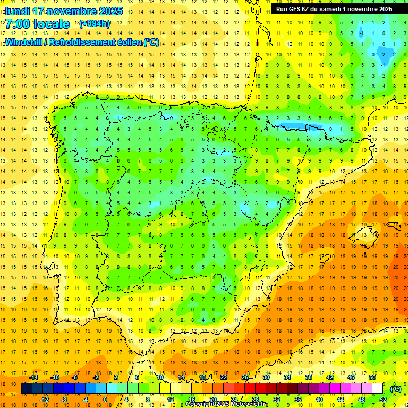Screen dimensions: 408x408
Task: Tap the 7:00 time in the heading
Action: [x=18, y=24]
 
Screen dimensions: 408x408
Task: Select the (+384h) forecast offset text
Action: [x=95, y=24]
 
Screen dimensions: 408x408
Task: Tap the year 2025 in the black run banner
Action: [x=383, y=9]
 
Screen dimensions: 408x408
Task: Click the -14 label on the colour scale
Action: [x=33, y=377]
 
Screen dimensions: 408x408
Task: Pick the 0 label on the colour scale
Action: [x=105, y=399]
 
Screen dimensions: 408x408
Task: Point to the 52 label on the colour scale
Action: [x=383, y=399]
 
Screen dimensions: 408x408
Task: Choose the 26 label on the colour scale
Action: [x=244, y=377]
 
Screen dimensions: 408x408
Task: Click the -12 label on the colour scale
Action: [x=44, y=399]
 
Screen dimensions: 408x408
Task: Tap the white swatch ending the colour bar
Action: [x=378, y=388]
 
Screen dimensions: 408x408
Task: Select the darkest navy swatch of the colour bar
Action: [x=27, y=388]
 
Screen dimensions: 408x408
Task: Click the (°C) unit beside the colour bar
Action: [x=396, y=388]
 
